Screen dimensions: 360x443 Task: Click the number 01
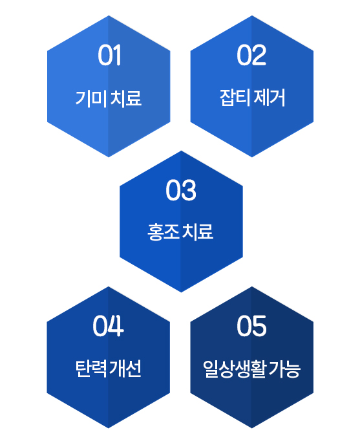[x=109, y=55]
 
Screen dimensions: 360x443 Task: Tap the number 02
[x=251, y=55]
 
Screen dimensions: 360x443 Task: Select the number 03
[x=181, y=190]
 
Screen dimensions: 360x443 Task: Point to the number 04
[x=108, y=326]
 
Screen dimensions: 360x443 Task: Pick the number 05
[x=251, y=326]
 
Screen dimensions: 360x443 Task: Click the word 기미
[x=91, y=98]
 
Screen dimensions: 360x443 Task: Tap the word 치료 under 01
[x=126, y=98]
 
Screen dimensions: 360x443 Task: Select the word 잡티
[x=235, y=98]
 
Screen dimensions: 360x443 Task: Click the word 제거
[x=270, y=98]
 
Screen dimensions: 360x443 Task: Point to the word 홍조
[x=163, y=232]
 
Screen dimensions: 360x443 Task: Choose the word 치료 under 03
[x=198, y=232]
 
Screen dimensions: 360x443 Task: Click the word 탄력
[x=91, y=369]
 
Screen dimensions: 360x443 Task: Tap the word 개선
[x=125, y=369]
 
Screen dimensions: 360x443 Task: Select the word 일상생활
[x=235, y=369]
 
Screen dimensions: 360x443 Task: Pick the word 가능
[x=284, y=369]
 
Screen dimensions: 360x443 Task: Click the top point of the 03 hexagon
[x=181, y=151]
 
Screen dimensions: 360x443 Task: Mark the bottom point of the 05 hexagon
[x=251, y=428]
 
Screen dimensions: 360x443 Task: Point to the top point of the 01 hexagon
[x=109, y=16]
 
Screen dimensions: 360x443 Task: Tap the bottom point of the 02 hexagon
[x=251, y=157]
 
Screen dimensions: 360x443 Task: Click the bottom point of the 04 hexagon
[x=108, y=428]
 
